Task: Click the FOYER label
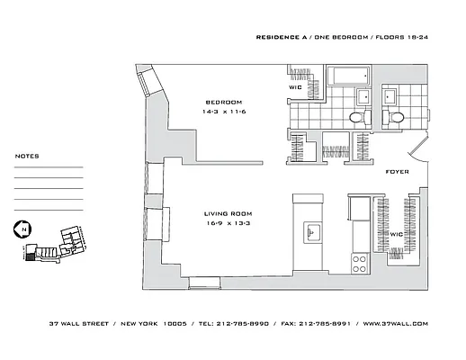[x=397, y=171]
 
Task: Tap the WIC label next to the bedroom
[x=294, y=87]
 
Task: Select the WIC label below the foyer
[x=395, y=234]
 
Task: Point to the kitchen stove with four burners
[x=359, y=262]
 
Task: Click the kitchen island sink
[x=313, y=232]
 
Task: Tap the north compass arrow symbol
[x=21, y=229]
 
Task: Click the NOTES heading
[x=27, y=156]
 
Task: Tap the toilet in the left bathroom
[x=355, y=118]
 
